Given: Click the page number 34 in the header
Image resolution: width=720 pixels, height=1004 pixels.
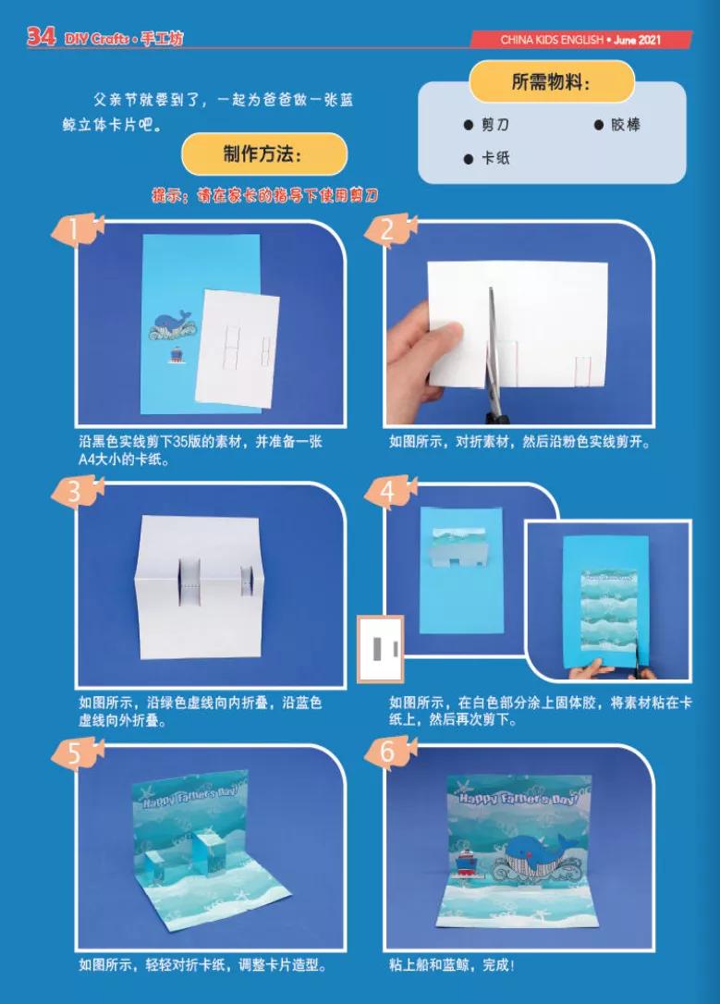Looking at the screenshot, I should click(40, 37).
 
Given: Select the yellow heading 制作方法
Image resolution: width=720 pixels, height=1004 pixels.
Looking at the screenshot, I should click(263, 153).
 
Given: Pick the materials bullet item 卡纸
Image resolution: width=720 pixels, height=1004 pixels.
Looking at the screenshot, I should click(487, 158).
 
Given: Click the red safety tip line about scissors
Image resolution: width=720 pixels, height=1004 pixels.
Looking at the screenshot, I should click(265, 196).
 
